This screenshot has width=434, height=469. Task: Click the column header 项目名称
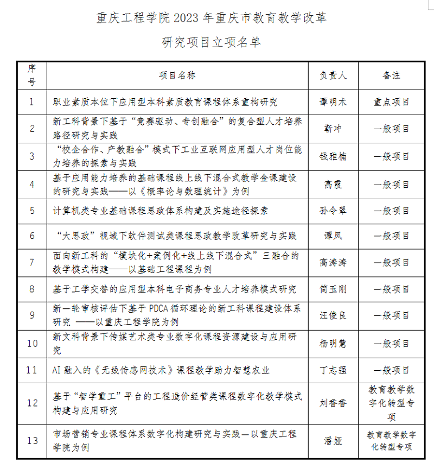point(177,75)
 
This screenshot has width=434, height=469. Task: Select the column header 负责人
point(333,75)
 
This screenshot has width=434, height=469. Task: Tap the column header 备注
point(391,75)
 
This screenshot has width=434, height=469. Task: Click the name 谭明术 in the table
point(333,102)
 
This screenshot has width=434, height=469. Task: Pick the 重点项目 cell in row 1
point(391,102)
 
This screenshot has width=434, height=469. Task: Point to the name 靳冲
point(333,129)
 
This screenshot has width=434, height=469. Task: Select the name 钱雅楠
point(333,156)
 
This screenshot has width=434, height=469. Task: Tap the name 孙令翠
point(333,211)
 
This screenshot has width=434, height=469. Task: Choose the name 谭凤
point(333,236)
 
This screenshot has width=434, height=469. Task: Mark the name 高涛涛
point(333,263)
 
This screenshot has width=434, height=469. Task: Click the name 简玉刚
point(333,289)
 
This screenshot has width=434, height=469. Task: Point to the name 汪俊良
point(333,315)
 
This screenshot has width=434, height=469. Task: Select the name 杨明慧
point(333,343)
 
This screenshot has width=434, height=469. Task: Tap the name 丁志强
point(333,370)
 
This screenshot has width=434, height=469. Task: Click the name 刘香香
point(333,403)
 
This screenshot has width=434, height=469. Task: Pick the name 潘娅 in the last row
point(333,441)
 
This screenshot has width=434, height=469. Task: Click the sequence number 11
point(32,370)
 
